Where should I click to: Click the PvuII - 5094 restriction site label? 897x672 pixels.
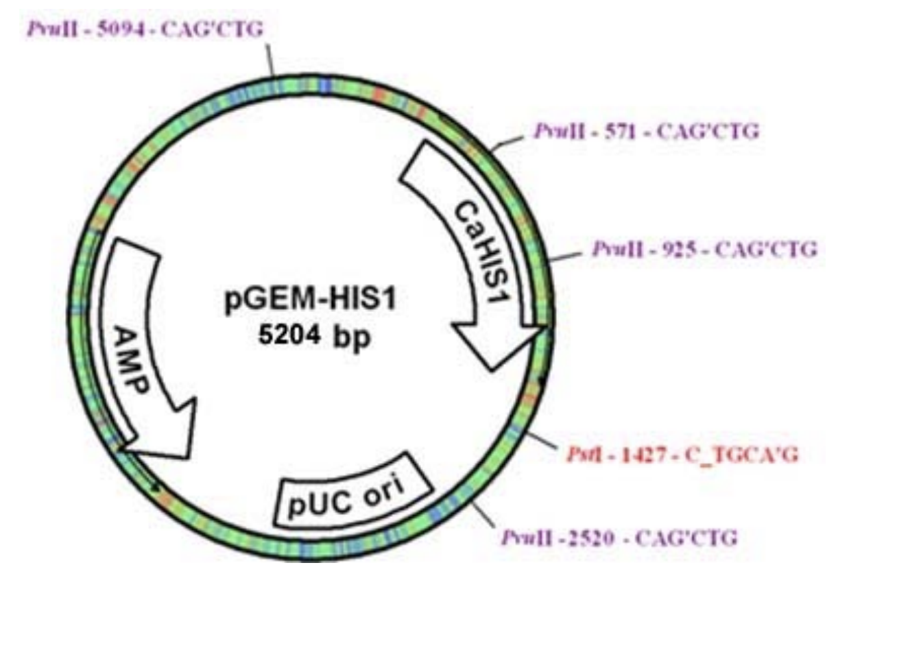tap(145, 29)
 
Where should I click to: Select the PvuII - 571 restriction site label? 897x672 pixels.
tap(646, 131)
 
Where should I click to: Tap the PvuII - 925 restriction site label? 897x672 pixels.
tap(704, 249)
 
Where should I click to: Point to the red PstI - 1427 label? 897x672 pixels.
tap(682, 454)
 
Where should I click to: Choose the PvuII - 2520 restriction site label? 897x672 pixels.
tap(619, 538)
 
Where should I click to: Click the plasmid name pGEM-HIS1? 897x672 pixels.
tap(311, 300)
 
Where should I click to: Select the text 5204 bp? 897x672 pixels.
tap(314, 336)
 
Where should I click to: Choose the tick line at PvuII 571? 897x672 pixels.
tap(508, 142)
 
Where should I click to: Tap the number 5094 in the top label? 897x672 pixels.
tap(121, 29)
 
